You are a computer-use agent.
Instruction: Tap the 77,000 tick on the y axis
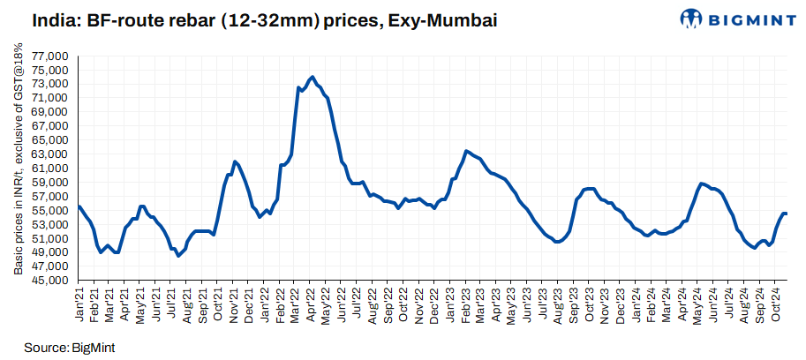point(52,56)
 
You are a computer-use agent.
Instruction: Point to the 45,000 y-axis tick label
point(52,281)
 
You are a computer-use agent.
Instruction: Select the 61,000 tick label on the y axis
point(52,169)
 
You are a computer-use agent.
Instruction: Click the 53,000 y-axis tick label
point(52,224)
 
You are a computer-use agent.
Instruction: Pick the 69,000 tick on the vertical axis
point(52,112)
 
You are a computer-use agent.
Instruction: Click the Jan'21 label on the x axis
point(80,303)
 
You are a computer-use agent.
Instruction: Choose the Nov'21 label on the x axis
point(234,303)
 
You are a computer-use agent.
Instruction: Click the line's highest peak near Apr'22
point(313,77)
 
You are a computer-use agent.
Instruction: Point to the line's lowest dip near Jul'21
point(178,256)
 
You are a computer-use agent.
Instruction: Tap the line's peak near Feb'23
point(466,151)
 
